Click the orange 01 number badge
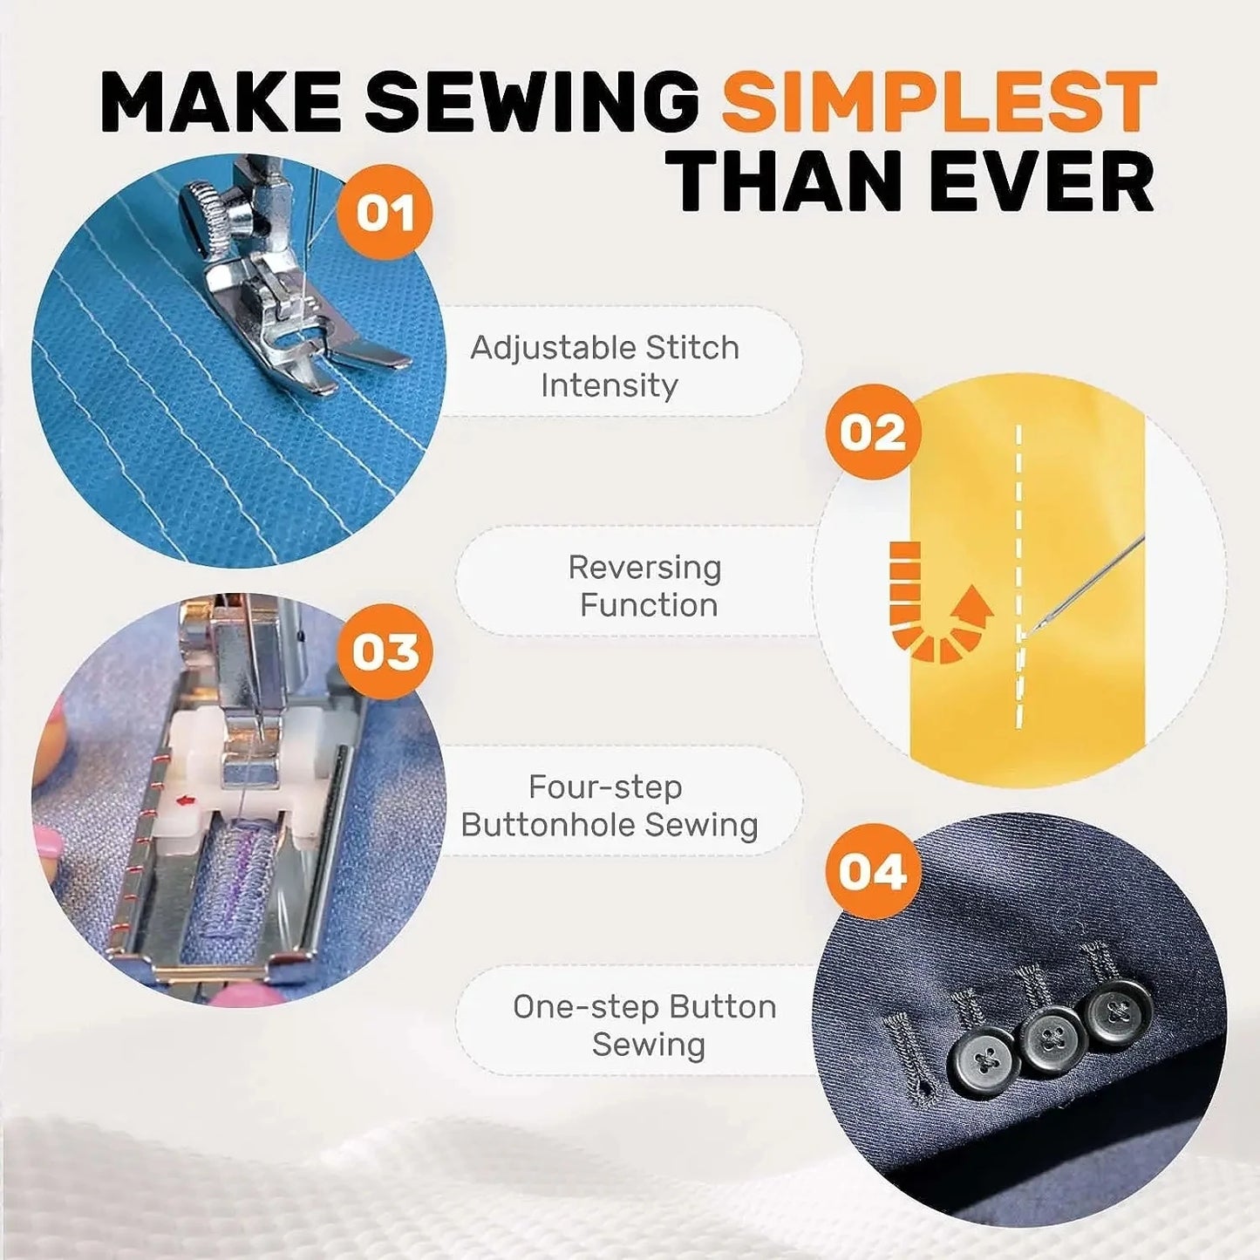[x=385, y=213]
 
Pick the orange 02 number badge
[x=873, y=432]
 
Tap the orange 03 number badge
[x=385, y=651]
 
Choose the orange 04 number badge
[x=873, y=871]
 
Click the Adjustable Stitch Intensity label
[x=605, y=365]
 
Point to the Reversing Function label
[x=644, y=585]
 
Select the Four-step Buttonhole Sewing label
[x=609, y=805]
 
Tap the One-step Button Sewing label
[x=644, y=1025]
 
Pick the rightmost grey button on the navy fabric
[x=1118, y=1012]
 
